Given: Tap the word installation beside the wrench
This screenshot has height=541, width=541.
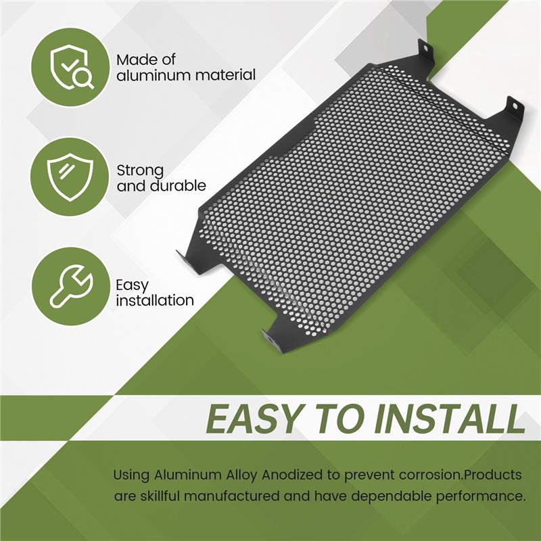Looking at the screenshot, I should pos(155,300).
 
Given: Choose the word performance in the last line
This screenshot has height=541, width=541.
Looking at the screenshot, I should pos(476,496).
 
